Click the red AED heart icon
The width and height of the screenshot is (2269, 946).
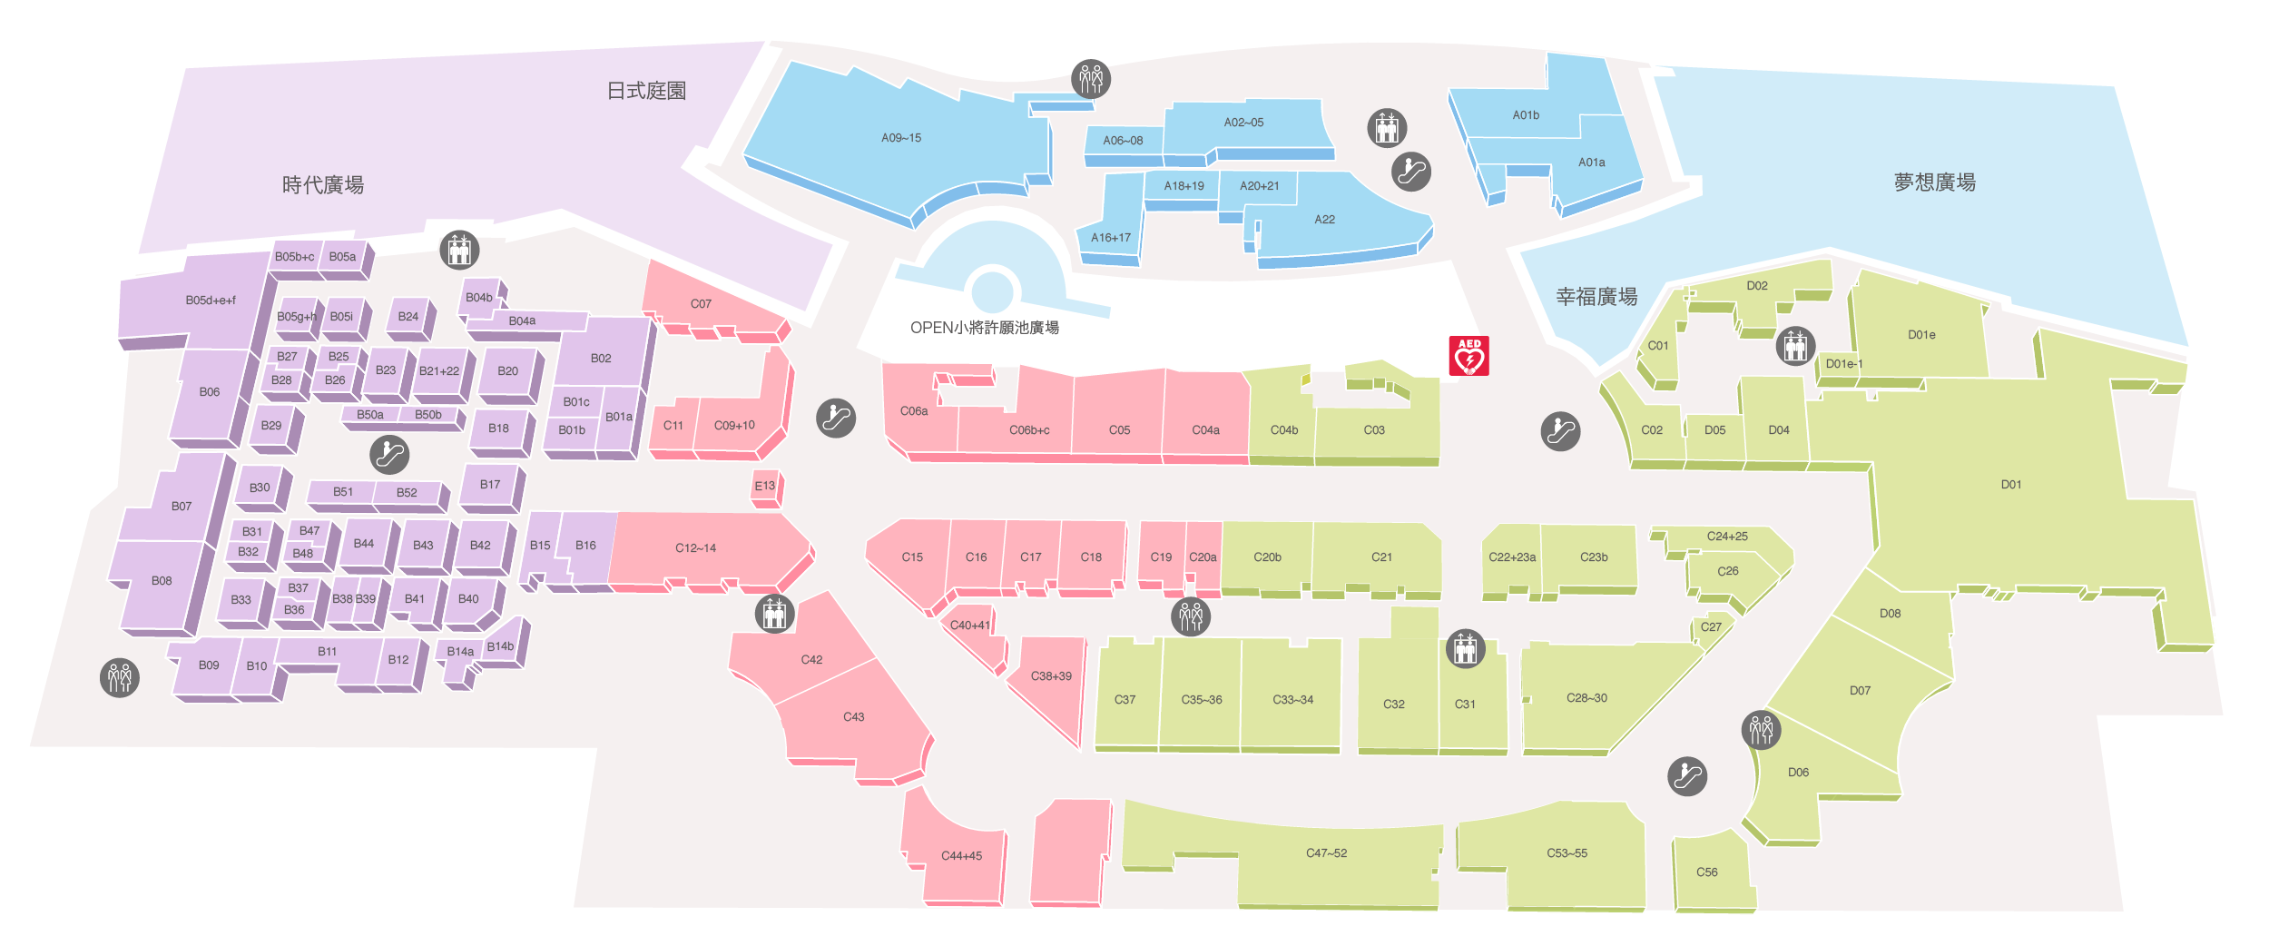pos(1468,356)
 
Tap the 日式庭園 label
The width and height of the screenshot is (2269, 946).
pos(646,91)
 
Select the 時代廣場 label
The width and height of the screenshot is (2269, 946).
pos(323,185)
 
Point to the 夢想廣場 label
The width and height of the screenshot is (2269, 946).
pos(1934,182)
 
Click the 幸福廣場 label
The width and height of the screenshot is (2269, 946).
pos(1596,297)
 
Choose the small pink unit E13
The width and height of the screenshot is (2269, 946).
pos(765,487)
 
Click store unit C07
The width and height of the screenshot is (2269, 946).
pos(701,304)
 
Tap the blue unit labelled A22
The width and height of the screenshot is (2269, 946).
pos(1324,220)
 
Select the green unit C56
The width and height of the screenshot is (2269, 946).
pos(1706,872)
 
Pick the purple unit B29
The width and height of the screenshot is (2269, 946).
pos(271,426)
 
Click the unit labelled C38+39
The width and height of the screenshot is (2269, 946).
pos(1051,676)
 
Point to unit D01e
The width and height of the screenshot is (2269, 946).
pos(1921,335)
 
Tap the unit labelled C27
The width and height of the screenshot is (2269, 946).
pos(1711,627)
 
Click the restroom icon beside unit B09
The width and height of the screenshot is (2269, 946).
pos(120,677)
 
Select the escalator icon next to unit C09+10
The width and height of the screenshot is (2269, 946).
pos(836,419)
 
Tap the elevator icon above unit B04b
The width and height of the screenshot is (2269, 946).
pos(459,250)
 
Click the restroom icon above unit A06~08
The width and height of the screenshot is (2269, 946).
pos(1091,79)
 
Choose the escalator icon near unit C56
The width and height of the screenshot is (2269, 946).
pos(1687,776)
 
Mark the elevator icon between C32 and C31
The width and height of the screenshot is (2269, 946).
pos(1465,649)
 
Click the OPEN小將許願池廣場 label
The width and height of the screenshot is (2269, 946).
pos(984,328)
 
